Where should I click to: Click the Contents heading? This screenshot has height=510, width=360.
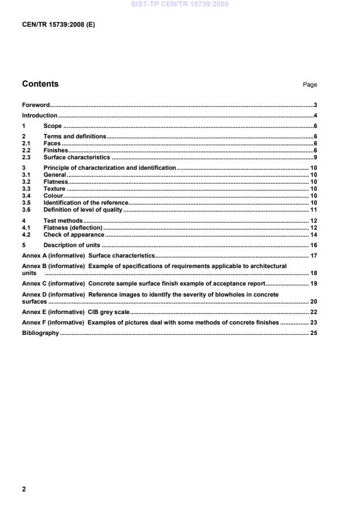click(40, 84)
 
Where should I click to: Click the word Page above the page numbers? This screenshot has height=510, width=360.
click(309, 85)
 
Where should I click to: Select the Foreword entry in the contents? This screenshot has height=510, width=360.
click(35, 105)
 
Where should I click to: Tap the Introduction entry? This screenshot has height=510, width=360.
click(40, 116)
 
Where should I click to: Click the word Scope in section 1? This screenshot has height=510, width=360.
click(52, 126)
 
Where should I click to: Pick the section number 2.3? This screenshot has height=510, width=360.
click(26, 157)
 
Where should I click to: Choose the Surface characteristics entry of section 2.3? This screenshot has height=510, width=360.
click(76, 157)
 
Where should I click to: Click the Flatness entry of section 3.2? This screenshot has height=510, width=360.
click(56, 181)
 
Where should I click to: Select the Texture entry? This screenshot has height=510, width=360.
click(54, 188)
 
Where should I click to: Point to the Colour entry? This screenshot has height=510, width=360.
click(54, 195)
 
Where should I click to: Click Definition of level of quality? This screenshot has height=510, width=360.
click(83, 209)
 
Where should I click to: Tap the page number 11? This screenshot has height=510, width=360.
click(313, 209)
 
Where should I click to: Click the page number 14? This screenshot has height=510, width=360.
click(313, 234)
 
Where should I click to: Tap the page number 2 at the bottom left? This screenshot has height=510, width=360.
click(24, 489)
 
